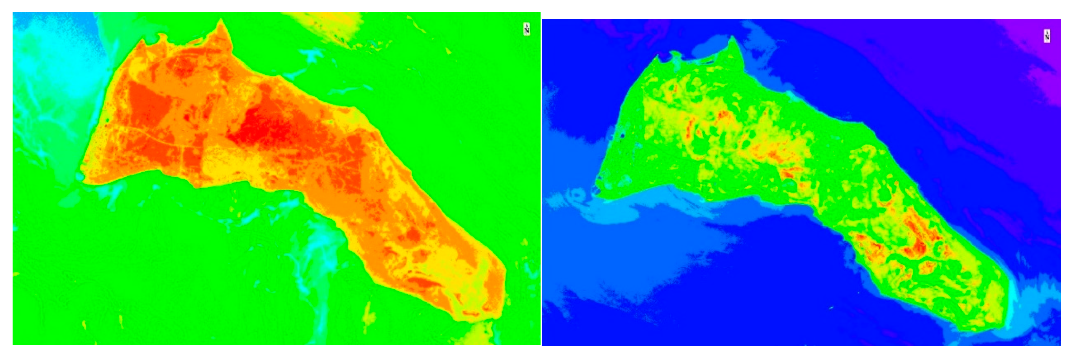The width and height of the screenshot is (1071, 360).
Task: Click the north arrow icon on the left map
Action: point(526,29)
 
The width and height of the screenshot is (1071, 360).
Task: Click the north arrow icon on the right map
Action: point(1047,36)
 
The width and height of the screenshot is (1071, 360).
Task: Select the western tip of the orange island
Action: point(83,177)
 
